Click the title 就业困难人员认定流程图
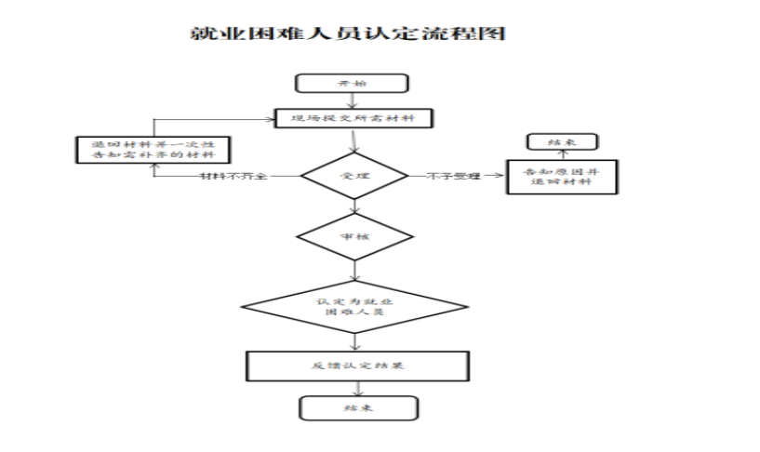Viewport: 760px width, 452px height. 347,35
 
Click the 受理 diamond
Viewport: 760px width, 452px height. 353,174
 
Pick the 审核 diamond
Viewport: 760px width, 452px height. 353,238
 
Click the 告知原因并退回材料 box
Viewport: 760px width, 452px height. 562,177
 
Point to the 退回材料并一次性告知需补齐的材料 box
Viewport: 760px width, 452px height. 153,150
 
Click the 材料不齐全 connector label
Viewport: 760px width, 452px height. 233,175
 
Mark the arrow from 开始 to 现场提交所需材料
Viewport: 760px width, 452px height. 351,100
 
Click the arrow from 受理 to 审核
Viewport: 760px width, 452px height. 353,206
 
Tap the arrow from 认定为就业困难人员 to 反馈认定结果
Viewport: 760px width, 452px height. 354,342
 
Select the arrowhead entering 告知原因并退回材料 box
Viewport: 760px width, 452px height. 500,175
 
